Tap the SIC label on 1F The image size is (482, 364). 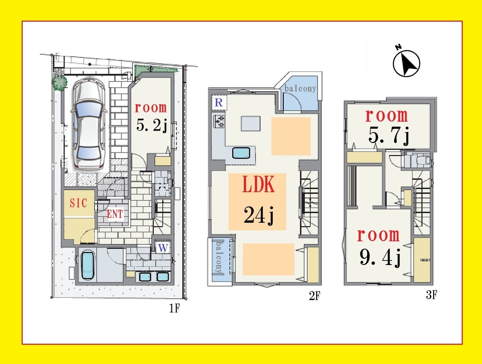click(78, 203)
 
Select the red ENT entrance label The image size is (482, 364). click(115, 214)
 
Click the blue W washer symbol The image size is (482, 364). click(163, 248)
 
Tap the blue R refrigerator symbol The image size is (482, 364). click(219, 102)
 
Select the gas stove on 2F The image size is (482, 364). click(219, 122)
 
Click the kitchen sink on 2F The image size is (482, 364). click(241, 153)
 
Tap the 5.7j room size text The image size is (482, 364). click(389, 135)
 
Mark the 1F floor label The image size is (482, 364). click(174, 308)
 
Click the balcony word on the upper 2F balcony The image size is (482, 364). click(300, 88)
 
